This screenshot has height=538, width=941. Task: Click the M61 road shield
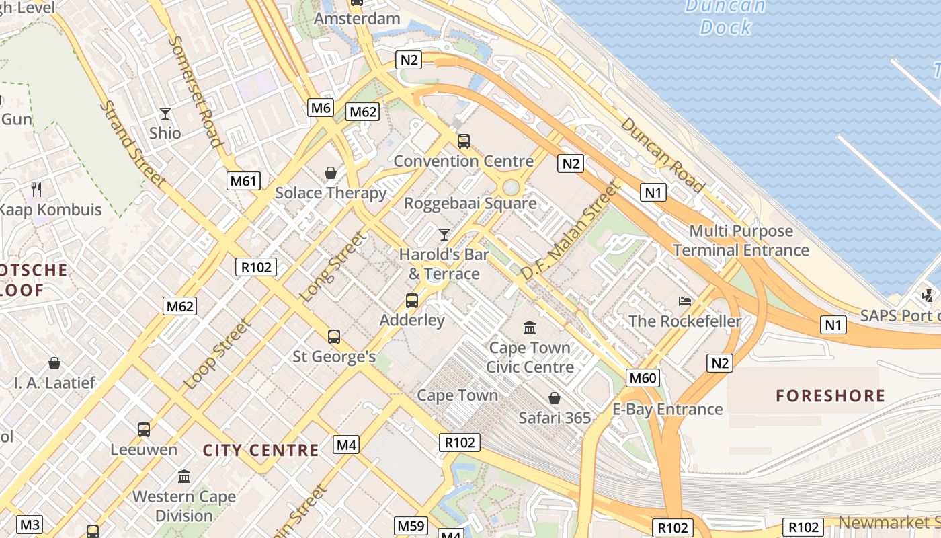(244, 180)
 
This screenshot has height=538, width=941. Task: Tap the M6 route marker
(321, 107)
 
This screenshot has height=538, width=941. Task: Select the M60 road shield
(643, 378)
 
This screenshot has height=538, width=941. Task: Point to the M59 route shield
(411, 525)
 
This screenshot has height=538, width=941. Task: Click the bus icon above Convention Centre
(464, 141)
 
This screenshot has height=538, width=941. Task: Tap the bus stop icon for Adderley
(412, 301)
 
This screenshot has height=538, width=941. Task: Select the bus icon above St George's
(333, 336)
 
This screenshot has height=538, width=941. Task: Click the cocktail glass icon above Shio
(165, 113)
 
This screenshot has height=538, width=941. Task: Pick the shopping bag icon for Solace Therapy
(331, 173)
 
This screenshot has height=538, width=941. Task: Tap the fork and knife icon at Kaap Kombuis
(36, 190)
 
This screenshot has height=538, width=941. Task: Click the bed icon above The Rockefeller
(684, 301)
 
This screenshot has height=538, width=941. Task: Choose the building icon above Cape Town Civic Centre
(530, 328)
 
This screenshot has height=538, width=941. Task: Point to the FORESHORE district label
(830, 395)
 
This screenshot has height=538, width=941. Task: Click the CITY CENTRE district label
(261, 450)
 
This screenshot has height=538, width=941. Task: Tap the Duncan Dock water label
(725, 17)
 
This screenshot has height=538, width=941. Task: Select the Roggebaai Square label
(470, 203)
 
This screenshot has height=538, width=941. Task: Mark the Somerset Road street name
(194, 90)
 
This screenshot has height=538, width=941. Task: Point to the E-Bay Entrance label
(667, 409)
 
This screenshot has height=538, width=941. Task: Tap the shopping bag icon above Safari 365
(555, 398)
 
